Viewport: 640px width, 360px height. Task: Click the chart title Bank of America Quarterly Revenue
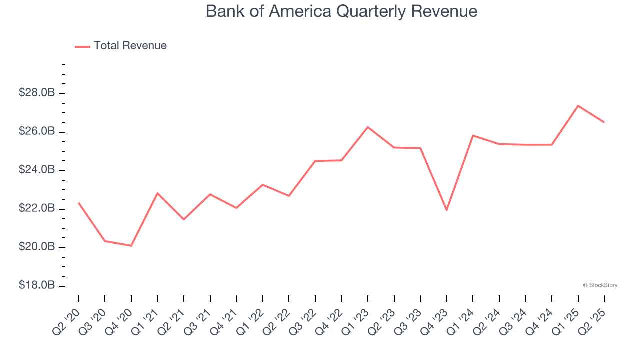(341, 11)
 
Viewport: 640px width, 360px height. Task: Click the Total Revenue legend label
(130, 46)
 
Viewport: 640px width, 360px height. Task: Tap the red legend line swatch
(82, 46)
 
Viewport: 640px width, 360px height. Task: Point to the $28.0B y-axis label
(36, 93)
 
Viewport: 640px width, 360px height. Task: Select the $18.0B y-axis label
(36, 286)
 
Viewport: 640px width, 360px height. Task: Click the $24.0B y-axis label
(36, 170)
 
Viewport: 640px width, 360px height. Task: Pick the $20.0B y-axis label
(36, 247)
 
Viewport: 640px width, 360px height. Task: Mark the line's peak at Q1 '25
(578, 106)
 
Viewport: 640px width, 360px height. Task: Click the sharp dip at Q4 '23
(446, 210)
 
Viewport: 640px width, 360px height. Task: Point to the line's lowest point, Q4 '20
(131, 246)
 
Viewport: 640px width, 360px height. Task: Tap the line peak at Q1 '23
(368, 127)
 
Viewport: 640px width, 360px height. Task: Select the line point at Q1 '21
(157, 193)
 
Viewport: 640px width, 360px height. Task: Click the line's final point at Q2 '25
(604, 122)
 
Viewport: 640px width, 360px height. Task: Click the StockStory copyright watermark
(600, 285)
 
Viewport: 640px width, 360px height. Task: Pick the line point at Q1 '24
(473, 135)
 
